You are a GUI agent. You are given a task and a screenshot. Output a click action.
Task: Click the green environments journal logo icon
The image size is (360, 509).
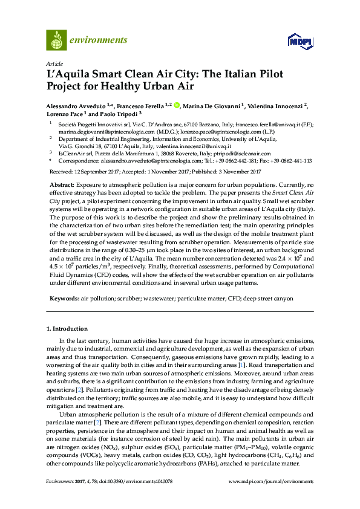click(x=56, y=40)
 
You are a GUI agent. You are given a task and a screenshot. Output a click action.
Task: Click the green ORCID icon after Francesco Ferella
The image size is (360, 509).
click(x=177, y=106)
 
